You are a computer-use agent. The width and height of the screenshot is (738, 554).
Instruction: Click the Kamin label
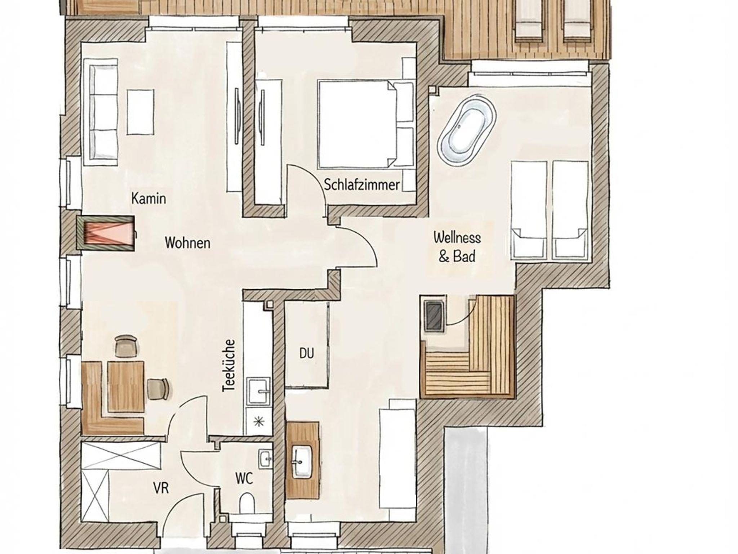click(x=148, y=198)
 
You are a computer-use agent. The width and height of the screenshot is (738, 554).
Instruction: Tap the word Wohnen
click(x=187, y=243)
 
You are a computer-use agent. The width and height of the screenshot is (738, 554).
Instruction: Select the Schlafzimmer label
click(x=362, y=185)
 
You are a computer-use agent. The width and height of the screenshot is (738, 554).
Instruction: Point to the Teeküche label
click(x=229, y=366)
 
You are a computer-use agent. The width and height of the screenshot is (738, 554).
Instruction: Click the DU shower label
click(x=307, y=353)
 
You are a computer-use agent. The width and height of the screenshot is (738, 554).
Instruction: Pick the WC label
click(x=244, y=479)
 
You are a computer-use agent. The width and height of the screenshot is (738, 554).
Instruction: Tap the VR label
click(x=161, y=488)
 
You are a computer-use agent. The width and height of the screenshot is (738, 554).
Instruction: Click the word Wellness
click(x=457, y=238)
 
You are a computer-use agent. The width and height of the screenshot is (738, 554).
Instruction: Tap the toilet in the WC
click(x=246, y=503)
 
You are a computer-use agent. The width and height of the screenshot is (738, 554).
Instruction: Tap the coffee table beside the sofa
click(x=141, y=112)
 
